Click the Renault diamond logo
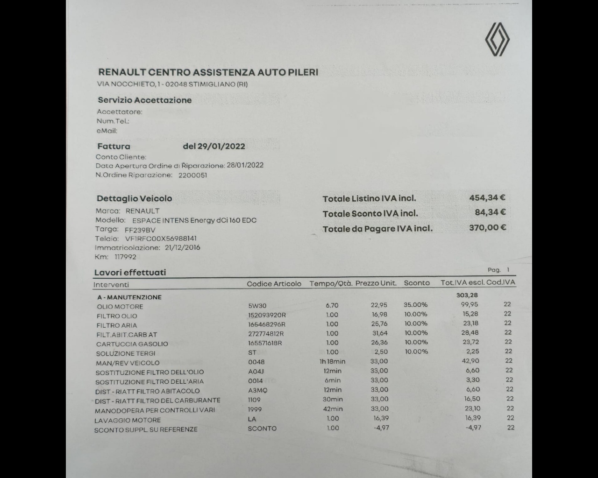point(497,40)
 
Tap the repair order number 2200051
point(192,176)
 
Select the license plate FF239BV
point(140,230)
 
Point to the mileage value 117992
point(125,257)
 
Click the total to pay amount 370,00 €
point(487,228)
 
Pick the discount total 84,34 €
point(490,212)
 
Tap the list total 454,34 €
point(487,198)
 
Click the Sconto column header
point(417,283)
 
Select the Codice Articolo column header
point(274,284)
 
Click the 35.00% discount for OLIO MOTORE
point(415,305)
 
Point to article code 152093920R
point(267,315)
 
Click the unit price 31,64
point(379,333)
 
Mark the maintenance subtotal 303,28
point(467,295)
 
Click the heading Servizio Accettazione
point(144,100)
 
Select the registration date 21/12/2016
point(182,247)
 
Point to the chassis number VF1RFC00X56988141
point(161,239)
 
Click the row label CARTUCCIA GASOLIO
point(132,344)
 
